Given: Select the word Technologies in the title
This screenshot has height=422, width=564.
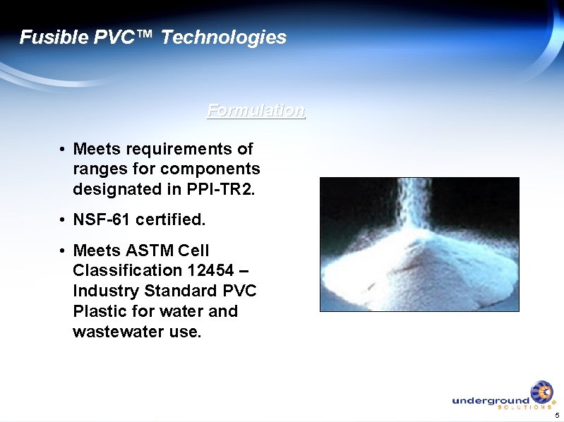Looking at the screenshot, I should (x=224, y=37).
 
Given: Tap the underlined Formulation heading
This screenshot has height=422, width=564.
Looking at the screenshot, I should (x=256, y=111).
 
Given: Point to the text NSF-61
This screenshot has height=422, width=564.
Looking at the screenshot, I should (x=101, y=220).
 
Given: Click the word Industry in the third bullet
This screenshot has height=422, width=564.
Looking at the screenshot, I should (x=106, y=291).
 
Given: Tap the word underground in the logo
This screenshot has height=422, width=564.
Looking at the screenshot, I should (x=491, y=400).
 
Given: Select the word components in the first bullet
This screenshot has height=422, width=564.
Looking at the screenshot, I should (x=210, y=169).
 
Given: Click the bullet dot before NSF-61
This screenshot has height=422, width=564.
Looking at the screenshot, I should (x=63, y=221).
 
